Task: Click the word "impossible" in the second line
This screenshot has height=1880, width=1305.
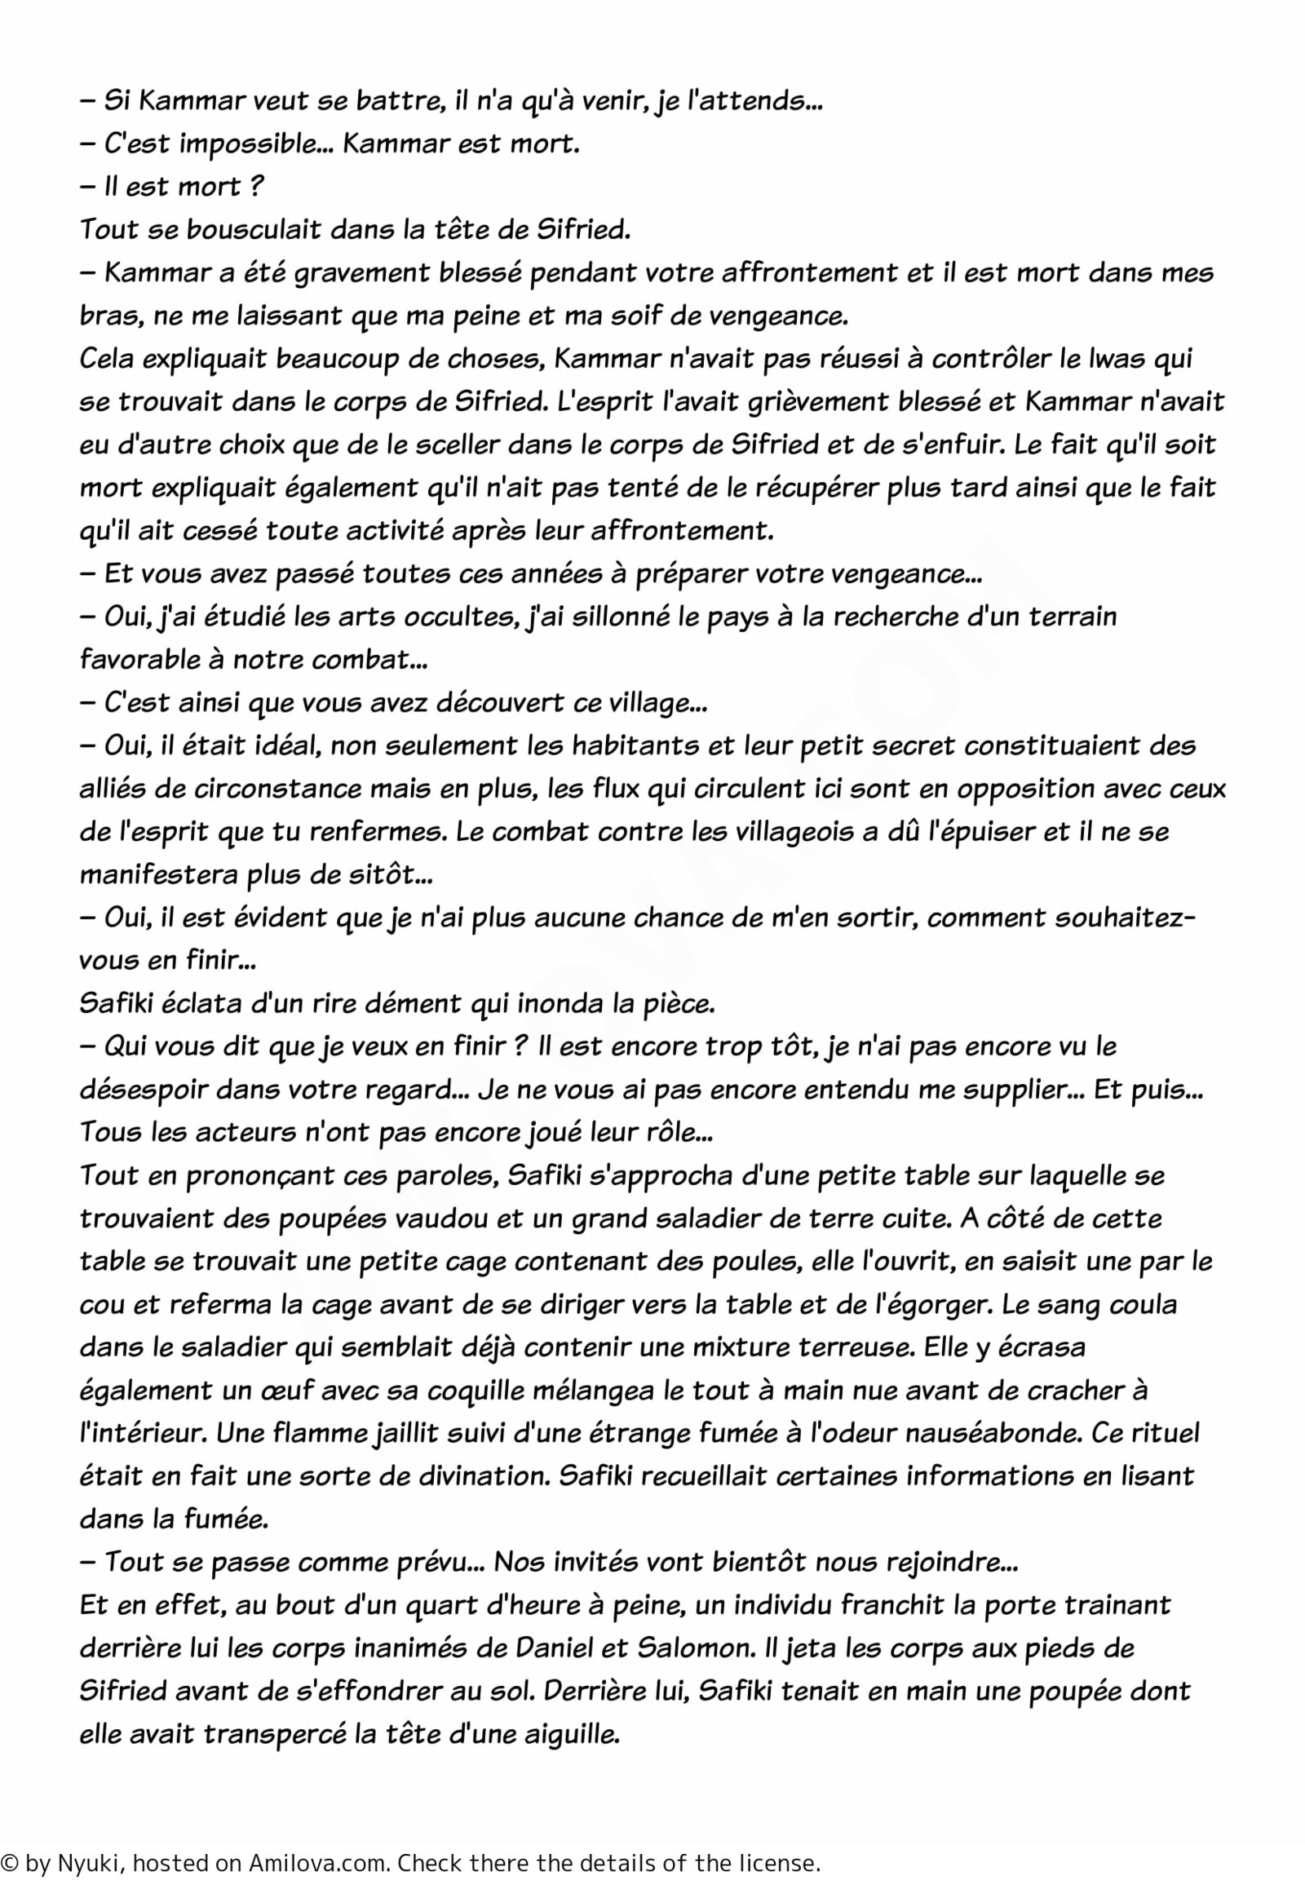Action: tap(250, 144)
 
